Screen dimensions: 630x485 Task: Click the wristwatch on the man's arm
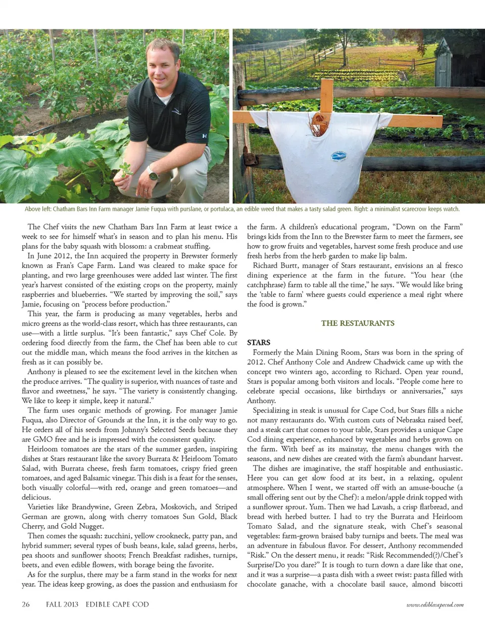pos(153,176)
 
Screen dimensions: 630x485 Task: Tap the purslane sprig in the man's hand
pos(125,169)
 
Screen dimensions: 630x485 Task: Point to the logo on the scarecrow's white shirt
pos(339,156)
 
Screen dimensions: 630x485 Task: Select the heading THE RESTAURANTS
pos(358,323)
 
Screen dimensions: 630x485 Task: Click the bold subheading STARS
pos(259,343)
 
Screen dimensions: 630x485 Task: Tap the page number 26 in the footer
pos(26,604)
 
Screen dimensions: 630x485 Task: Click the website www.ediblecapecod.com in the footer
pos(435,604)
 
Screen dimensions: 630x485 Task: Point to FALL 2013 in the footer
pos(62,604)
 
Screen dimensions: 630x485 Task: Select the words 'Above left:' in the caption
pos(38,209)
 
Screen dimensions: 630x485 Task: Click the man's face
pos(163,63)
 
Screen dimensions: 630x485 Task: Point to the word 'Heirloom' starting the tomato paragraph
pos(42,449)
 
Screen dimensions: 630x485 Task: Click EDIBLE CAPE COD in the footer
pos(117,604)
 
